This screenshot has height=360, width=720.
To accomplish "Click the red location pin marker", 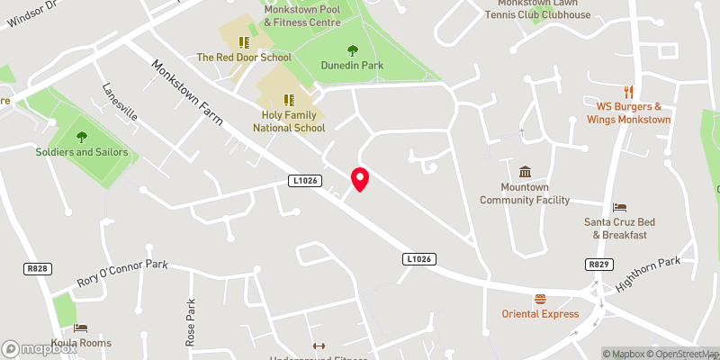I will (x=360, y=178).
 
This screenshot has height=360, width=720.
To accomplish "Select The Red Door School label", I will (x=244, y=58).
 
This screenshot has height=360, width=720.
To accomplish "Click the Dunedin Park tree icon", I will (x=352, y=50).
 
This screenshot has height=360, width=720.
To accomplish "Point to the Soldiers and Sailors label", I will (x=82, y=152).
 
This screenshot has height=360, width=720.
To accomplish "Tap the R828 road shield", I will (x=35, y=269).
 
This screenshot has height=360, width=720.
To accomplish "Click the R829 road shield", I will (x=598, y=264).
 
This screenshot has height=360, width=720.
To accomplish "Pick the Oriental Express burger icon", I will (x=540, y=299).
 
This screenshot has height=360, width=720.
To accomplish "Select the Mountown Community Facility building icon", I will (x=526, y=172).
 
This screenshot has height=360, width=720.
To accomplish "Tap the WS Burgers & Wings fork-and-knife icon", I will (x=628, y=92).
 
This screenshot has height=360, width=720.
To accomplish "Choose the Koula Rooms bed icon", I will (x=81, y=328).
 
